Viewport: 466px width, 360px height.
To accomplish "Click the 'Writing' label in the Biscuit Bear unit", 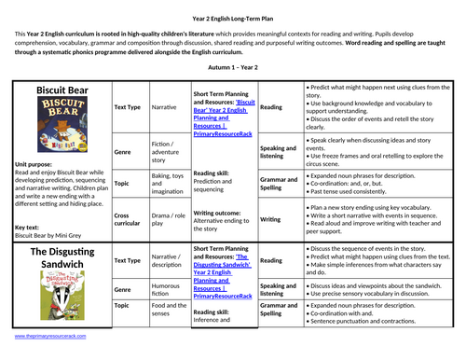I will click(269, 220).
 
